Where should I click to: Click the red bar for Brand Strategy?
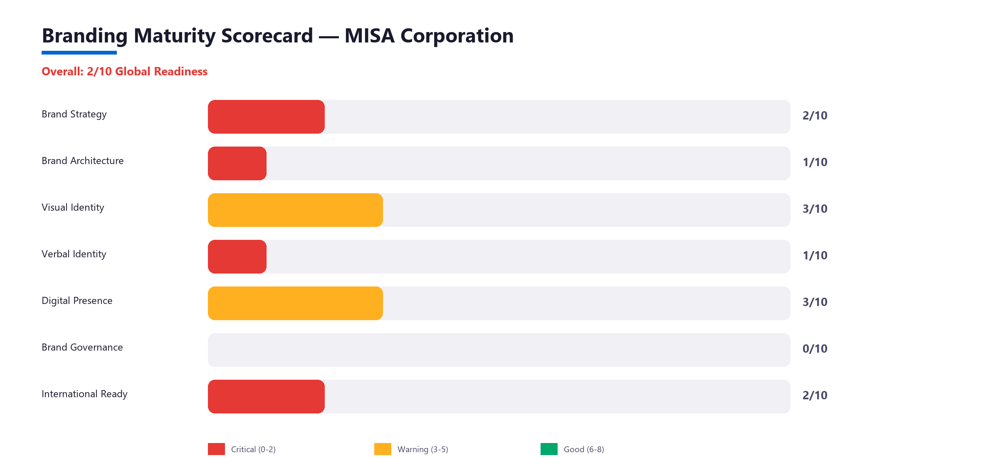(266, 117)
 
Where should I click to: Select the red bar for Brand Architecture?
(237, 163)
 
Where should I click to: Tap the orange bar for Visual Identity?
(295, 210)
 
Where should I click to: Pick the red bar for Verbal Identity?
(237, 256)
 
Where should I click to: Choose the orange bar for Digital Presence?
(295, 303)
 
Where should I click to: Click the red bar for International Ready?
(266, 396)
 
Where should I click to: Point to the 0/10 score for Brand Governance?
(815, 349)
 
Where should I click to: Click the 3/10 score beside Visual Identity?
(815, 209)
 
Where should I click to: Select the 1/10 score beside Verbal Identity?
(815, 256)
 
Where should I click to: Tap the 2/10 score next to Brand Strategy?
(815, 116)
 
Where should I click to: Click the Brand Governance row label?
(82, 347)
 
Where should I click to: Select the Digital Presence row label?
(77, 301)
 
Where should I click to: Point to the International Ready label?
(84, 394)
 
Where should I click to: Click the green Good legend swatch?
(549, 449)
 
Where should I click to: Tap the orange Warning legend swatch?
(383, 449)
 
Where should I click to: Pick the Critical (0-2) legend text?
(253, 449)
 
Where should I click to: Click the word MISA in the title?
(369, 36)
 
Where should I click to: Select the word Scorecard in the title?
(267, 36)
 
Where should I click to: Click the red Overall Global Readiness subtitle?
(124, 72)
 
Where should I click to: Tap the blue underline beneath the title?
(79, 53)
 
